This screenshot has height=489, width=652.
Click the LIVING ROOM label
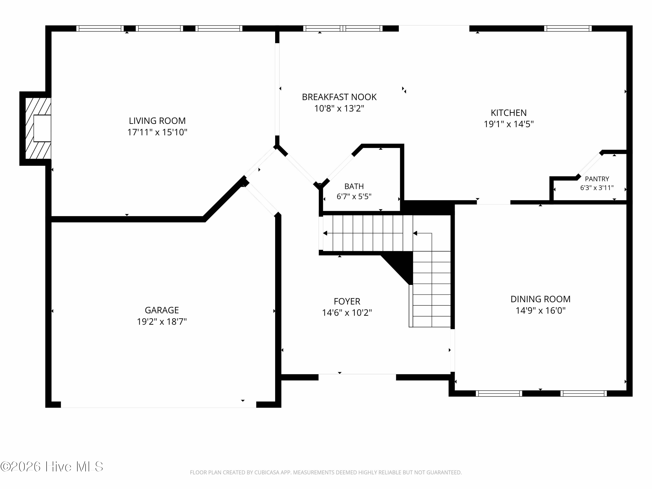coord(157,121)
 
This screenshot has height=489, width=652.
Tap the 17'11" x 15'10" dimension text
coord(157,132)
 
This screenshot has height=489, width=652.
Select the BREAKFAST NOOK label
coord(339,97)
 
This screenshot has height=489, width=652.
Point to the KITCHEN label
coord(509,113)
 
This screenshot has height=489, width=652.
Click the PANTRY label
coord(597,179)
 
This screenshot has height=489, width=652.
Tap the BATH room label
coord(354,186)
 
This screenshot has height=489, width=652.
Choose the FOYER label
coord(347,301)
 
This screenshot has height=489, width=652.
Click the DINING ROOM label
coord(540,299)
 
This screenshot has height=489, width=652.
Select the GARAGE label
coord(162,310)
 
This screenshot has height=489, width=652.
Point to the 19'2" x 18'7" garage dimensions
coord(162,322)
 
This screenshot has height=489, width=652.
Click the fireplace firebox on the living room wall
coord(42,128)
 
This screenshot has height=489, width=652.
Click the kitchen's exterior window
coord(568,29)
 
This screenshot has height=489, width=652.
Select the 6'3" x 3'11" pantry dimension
coord(597,188)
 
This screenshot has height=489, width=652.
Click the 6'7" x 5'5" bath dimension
coord(354,197)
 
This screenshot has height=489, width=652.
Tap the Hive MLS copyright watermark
coord(52,466)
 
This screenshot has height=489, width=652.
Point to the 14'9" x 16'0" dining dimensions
coord(540,311)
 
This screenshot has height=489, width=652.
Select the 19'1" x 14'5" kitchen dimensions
coord(509,124)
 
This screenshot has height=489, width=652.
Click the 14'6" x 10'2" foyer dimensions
coord(347,313)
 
